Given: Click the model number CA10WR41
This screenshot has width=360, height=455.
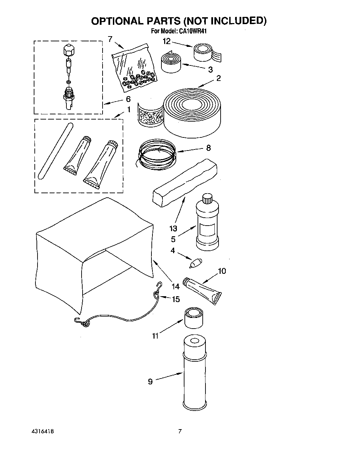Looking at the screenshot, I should (x=192, y=31).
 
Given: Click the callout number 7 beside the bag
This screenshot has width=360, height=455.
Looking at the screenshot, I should (x=110, y=39).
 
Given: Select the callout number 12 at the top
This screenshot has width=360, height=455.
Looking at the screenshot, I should (x=167, y=42).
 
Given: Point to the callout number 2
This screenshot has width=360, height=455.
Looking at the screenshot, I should (x=219, y=79).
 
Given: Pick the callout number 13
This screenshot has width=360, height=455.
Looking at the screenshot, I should (x=173, y=228).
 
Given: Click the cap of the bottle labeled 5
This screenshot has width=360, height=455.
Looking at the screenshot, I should (x=207, y=198).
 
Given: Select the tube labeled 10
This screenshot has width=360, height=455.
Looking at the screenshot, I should (x=202, y=290).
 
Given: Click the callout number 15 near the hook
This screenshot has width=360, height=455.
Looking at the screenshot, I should (x=176, y=299).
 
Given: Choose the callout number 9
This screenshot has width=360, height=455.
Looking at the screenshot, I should (x=150, y=382).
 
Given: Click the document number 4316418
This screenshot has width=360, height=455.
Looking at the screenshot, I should (x=41, y=431).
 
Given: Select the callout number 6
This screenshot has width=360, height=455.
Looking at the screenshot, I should (x=128, y=100).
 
